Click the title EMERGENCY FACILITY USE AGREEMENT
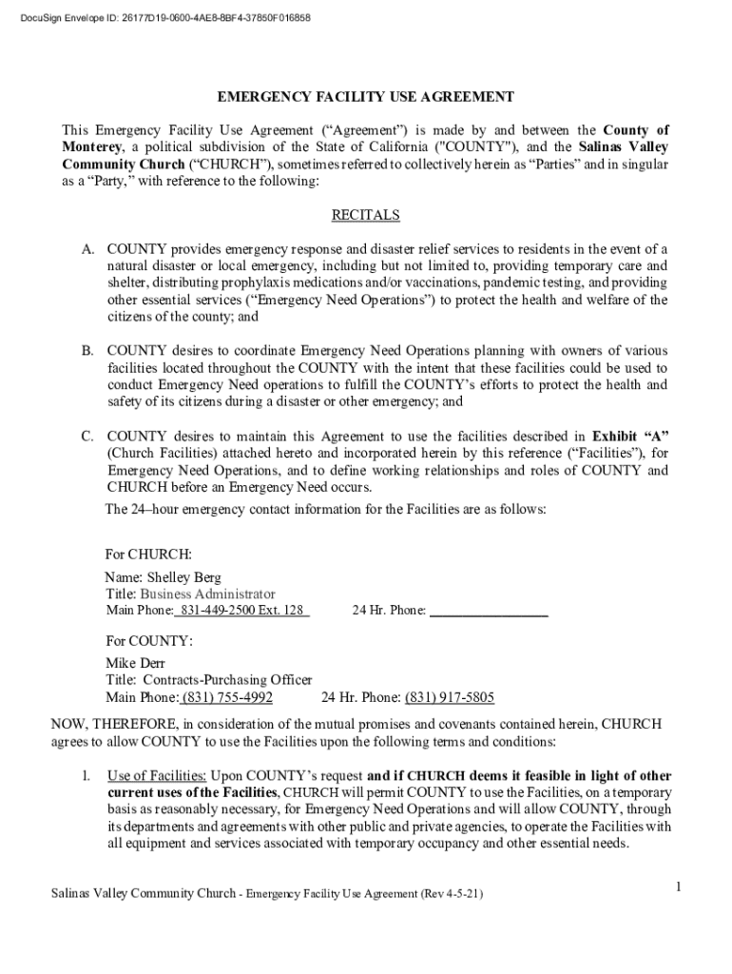coord(366,97)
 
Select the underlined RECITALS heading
coord(365,216)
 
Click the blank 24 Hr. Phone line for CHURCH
coord(489,611)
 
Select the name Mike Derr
coord(135,663)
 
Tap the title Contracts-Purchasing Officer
coord(226,680)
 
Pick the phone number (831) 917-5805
coord(450,697)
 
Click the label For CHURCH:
coord(148,554)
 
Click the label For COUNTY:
coord(149,641)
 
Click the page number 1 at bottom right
coord(679,886)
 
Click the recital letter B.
coord(87,351)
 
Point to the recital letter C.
coord(87,437)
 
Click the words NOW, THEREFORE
coord(97,724)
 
